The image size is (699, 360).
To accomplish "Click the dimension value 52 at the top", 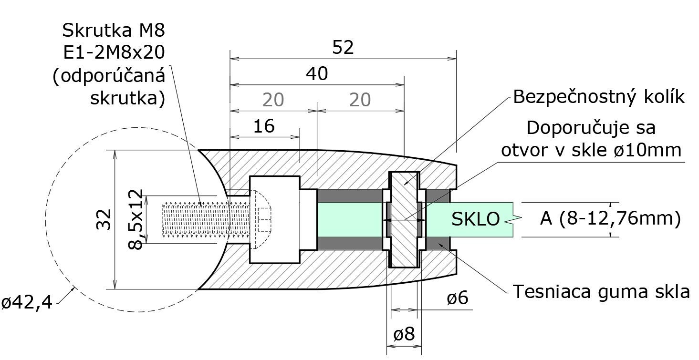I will point(343,48).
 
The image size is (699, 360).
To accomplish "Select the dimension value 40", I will point(317,74).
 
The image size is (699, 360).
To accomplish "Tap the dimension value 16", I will point(264,126).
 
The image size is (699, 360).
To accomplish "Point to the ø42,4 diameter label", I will point(27,302).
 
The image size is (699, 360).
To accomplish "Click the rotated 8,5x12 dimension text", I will point(136,219).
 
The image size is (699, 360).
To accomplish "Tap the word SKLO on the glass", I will point(476,219).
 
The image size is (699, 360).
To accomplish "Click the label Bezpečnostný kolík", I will point(599,97).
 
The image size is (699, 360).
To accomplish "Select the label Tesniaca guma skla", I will point(601,291).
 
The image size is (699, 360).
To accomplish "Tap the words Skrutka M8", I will point(113,31).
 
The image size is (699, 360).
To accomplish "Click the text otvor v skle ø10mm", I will point(590,150).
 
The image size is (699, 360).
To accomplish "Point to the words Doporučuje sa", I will point(591,128).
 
